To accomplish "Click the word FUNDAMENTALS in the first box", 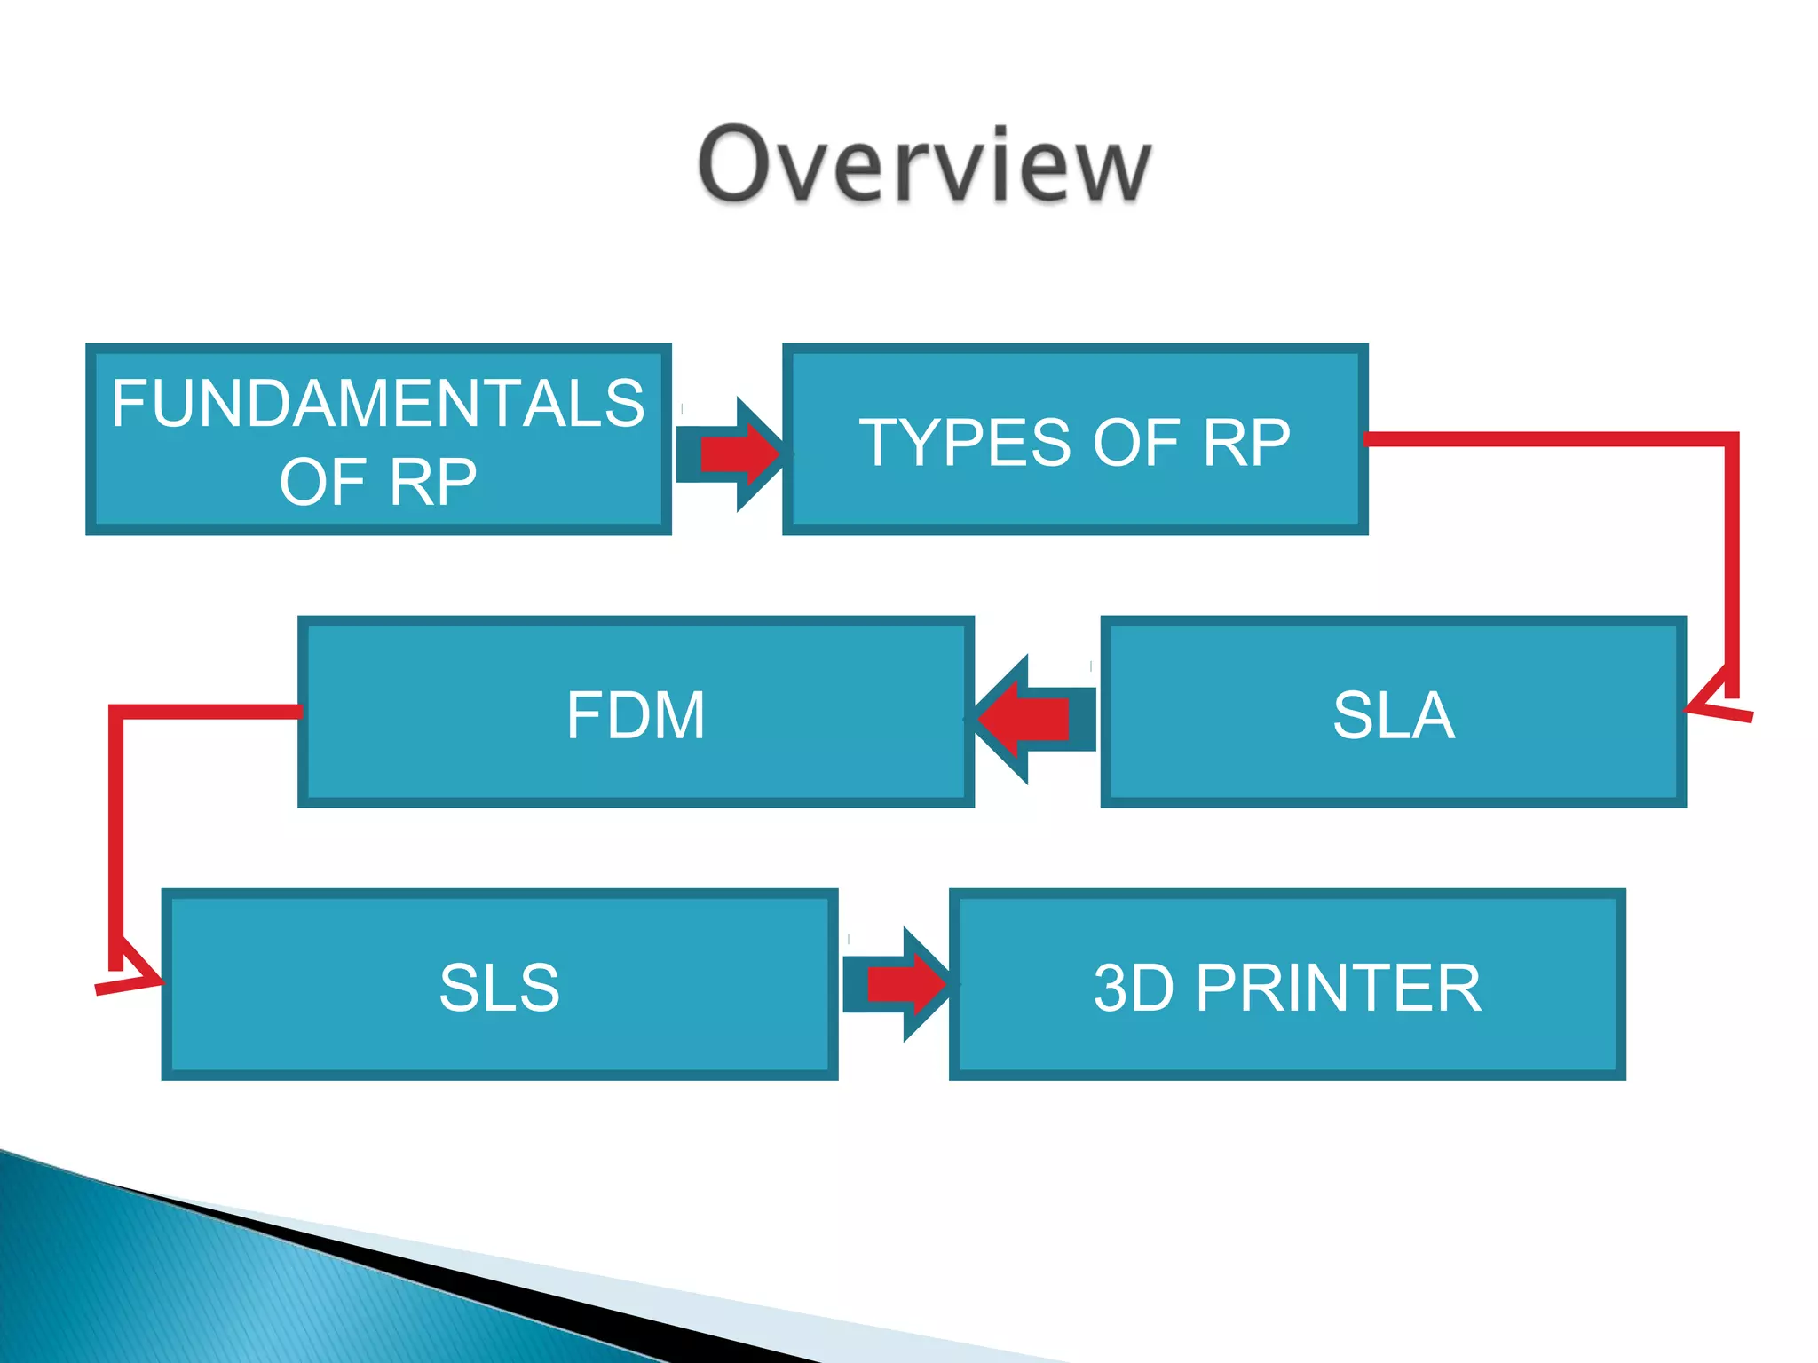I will coord(378,404).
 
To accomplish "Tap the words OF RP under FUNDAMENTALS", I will coord(378,483).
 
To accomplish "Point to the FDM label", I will coord(636,715).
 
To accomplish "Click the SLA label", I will coord(1394,715).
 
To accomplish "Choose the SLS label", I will coord(500,988).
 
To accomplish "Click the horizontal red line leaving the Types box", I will coord(1545,439).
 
